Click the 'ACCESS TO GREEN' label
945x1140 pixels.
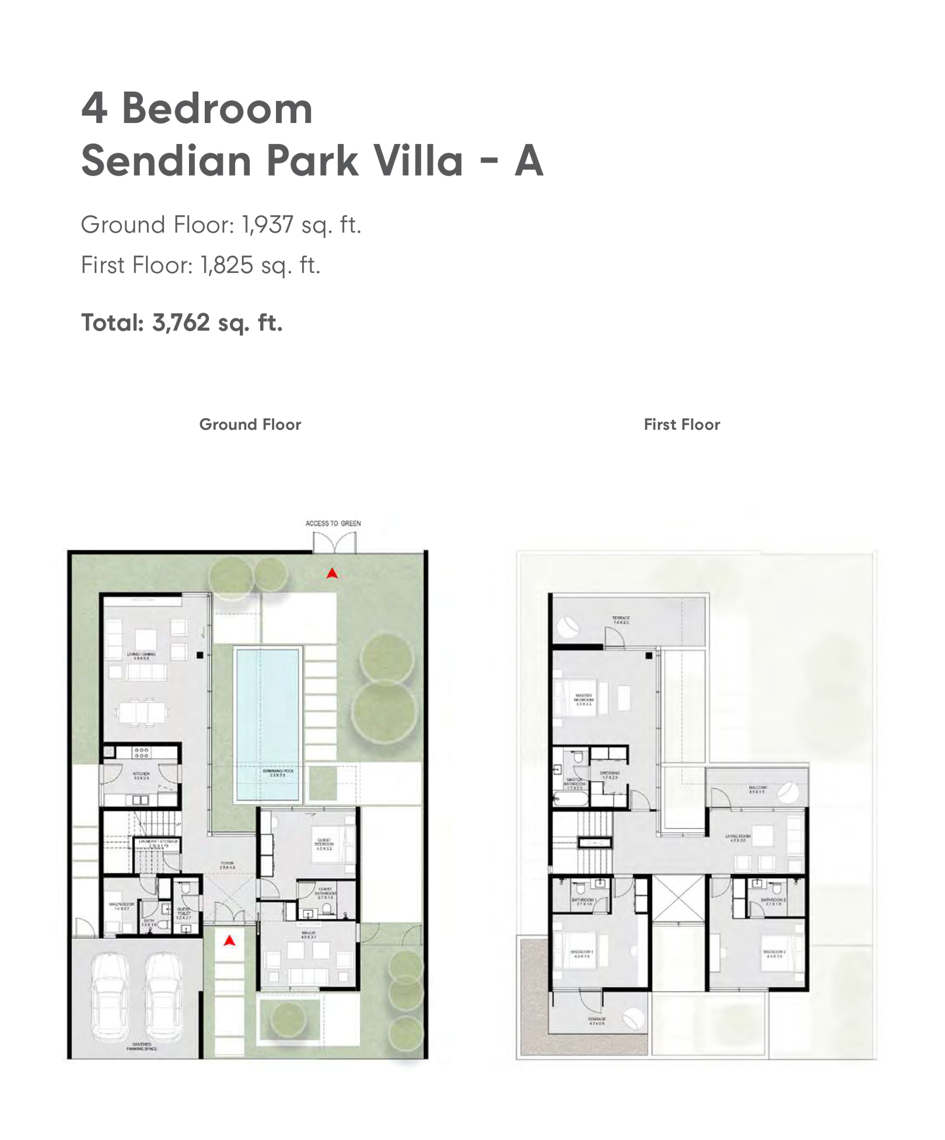[333, 523]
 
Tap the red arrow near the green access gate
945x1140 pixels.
[332, 574]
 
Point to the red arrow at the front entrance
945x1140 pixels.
[230, 940]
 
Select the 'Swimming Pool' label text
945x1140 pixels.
[278, 773]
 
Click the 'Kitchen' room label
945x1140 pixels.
[141, 776]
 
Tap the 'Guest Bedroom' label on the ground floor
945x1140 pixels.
[324, 844]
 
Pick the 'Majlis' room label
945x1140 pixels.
[309, 935]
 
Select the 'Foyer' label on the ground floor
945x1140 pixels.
[228, 865]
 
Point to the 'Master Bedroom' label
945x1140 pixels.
[583, 699]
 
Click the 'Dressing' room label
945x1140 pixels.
[610, 775]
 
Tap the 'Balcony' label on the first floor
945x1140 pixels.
[757, 789]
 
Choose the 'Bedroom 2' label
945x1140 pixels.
[775, 953]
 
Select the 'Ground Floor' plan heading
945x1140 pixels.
[250, 425]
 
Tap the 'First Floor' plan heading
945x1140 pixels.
[682, 425]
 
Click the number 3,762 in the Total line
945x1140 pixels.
[181, 322]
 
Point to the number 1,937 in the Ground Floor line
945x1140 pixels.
[268, 225]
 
